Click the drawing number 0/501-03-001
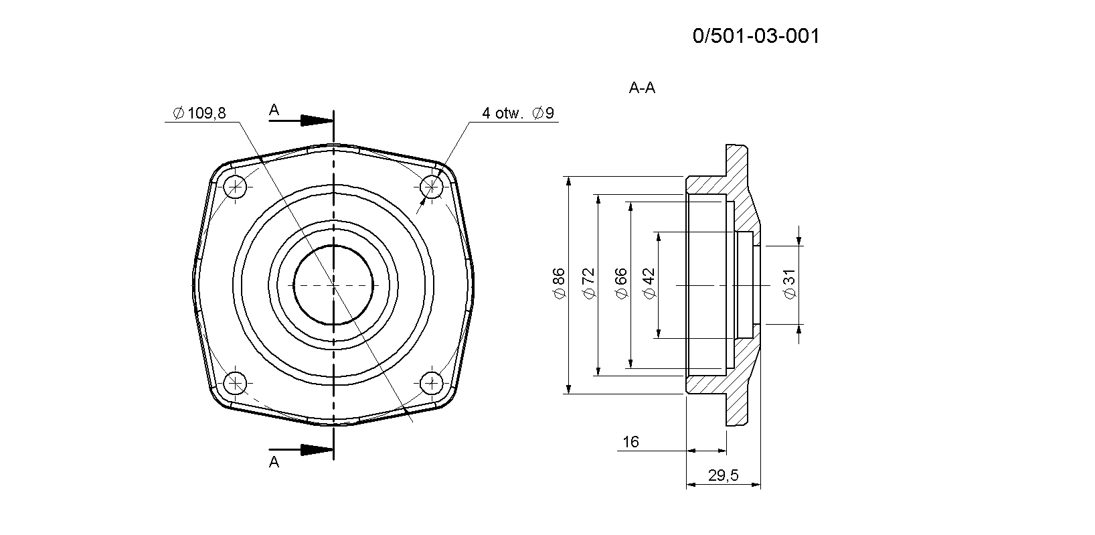(x=756, y=35)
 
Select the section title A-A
(x=642, y=88)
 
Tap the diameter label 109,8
(x=200, y=113)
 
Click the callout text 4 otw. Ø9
(x=518, y=113)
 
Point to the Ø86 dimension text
(x=558, y=283)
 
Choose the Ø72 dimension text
(x=589, y=283)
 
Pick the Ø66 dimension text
(x=620, y=284)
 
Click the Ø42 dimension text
(x=649, y=284)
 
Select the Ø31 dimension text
(x=790, y=284)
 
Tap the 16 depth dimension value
(x=630, y=442)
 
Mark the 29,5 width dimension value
(x=724, y=475)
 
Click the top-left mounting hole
(x=235, y=187)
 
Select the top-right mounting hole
(x=431, y=187)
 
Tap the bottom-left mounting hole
(x=235, y=383)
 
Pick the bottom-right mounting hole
(x=431, y=383)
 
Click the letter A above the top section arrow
(x=274, y=110)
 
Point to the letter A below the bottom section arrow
(x=274, y=461)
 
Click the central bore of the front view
(x=333, y=285)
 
